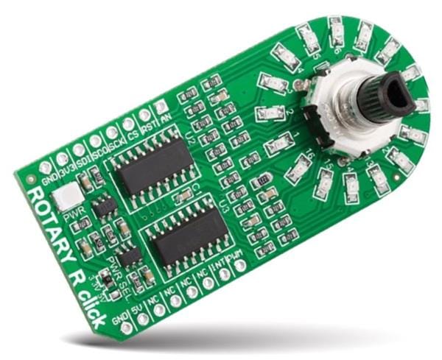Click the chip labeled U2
pyautogui.click(x=155, y=163)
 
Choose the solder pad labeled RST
pyautogui.click(x=144, y=116)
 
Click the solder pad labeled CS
pyautogui.click(x=128, y=124)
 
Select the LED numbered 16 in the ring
pyautogui.click(x=299, y=170)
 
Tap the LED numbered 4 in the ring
pyautogui.click(x=273, y=82)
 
